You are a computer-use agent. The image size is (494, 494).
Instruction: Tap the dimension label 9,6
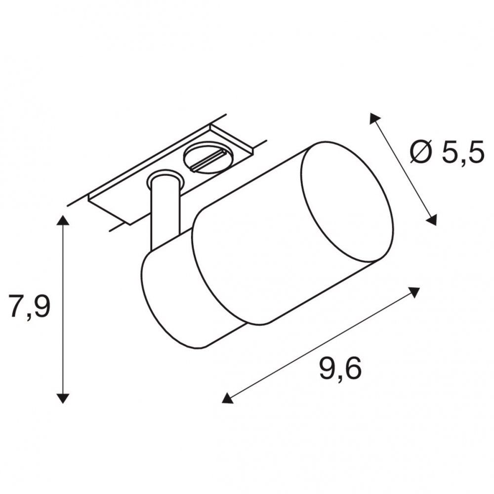pos(340,369)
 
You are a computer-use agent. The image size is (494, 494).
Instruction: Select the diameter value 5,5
pos(463,152)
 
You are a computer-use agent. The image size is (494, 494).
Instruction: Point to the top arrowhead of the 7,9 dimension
pos(63,220)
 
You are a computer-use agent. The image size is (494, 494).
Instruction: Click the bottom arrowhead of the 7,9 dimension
pos(63,398)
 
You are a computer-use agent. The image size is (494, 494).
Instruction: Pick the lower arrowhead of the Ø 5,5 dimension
pos(432,220)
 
